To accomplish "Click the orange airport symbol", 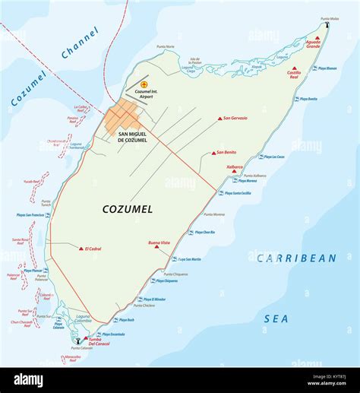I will (x=144, y=84).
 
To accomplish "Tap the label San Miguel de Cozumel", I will (x=137, y=137).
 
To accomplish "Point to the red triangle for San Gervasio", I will (x=219, y=119).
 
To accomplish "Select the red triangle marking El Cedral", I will (x=81, y=248).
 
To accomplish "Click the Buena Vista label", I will (x=159, y=240).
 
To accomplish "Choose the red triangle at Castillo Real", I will (x=294, y=78).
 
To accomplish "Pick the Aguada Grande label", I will (x=313, y=44).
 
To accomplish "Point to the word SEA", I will (x=276, y=319).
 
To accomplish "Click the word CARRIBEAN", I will (x=296, y=258).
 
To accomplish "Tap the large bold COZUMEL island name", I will (x=127, y=208).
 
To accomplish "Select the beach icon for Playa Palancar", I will (x=46, y=271).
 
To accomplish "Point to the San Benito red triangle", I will (x=213, y=153).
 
